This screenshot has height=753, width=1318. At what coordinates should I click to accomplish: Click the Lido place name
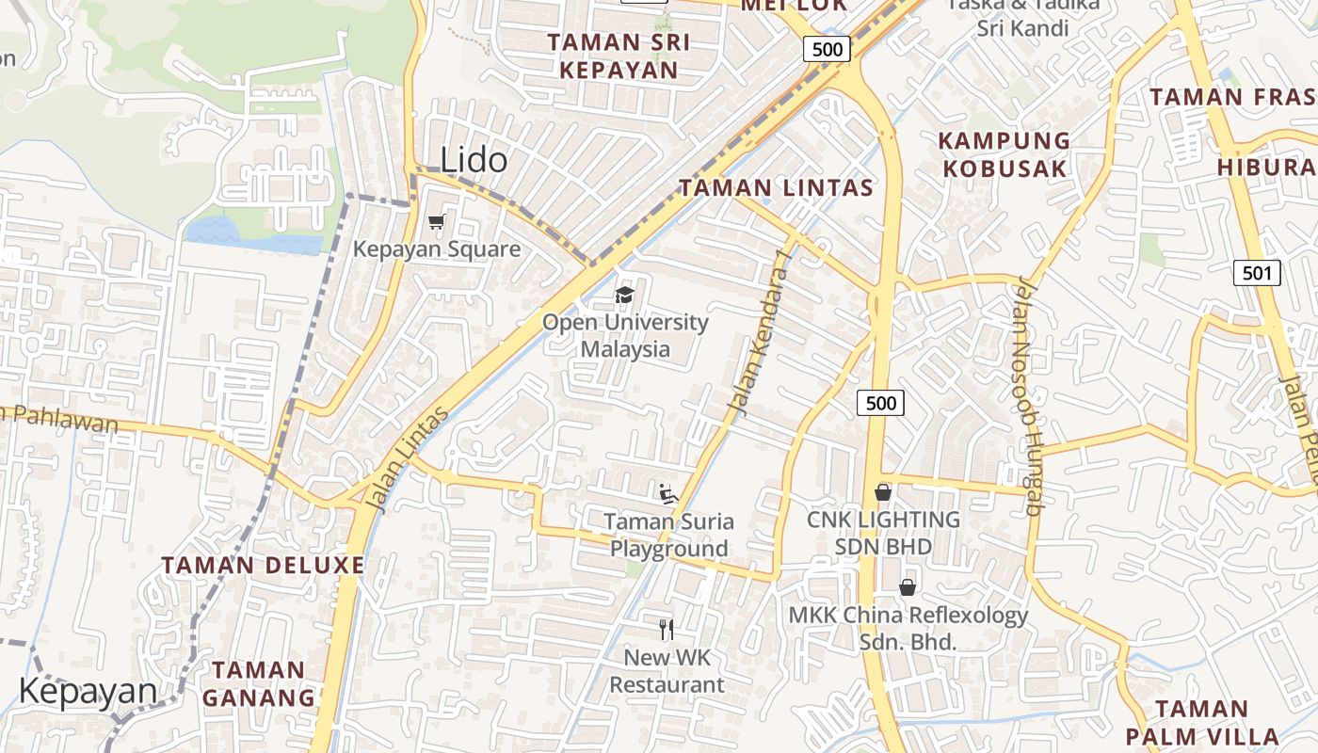474,160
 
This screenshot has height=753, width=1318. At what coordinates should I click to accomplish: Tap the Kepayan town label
88,691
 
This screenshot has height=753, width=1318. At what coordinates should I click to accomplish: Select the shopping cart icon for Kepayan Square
436,222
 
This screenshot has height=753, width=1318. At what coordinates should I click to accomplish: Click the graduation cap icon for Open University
624,296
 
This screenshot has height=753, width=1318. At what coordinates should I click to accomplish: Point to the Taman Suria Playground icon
667,493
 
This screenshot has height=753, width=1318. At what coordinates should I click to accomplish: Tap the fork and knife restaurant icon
667,629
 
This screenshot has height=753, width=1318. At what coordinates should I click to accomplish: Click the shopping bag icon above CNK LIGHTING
883,492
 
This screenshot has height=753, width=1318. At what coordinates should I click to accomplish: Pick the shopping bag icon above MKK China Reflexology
908,587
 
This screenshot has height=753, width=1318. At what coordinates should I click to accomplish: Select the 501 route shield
1257,274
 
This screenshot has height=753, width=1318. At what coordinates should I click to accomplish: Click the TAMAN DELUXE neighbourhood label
263,566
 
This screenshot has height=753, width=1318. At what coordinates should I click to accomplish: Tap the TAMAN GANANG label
258,684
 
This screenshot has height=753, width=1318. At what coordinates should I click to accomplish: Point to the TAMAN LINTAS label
777,188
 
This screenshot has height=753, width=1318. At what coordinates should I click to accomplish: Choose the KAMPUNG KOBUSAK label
1005,155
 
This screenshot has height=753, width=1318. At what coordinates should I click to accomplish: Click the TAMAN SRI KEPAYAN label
619,56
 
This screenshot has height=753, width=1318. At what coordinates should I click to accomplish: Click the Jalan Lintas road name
408,459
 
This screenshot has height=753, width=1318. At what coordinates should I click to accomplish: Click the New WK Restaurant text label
667,671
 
